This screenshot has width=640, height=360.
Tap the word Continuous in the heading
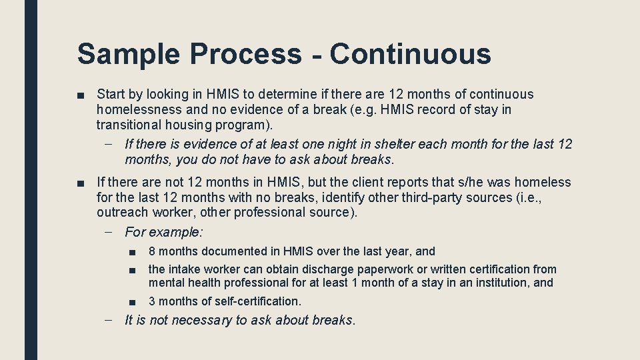point(410,54)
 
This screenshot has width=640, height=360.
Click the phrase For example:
point(164,232)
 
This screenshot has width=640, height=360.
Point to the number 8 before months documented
point(152,251)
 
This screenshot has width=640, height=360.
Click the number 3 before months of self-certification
point(152,301)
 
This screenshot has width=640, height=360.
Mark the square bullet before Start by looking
point(81,95)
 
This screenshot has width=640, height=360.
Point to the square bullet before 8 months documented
point(133,251)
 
